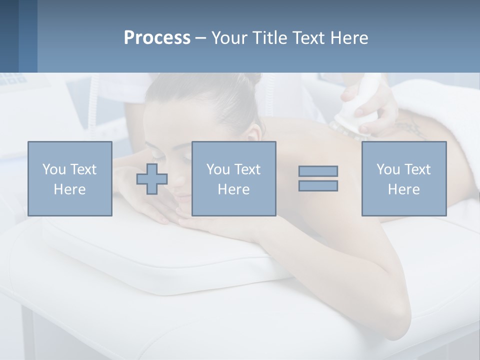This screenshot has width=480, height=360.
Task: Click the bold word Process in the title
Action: point(157,38)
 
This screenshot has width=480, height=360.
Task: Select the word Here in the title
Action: point(349,38)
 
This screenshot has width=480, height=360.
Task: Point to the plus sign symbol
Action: point(152,179)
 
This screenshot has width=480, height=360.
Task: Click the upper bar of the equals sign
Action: point(318,171)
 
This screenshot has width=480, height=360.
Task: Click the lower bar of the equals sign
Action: point(318,185)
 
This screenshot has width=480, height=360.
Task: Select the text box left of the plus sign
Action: point(70,179)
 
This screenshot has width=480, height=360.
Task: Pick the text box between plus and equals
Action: point(234,179)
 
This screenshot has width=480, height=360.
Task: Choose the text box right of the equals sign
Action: point(404,179)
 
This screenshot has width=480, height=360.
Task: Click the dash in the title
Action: point(201,38)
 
